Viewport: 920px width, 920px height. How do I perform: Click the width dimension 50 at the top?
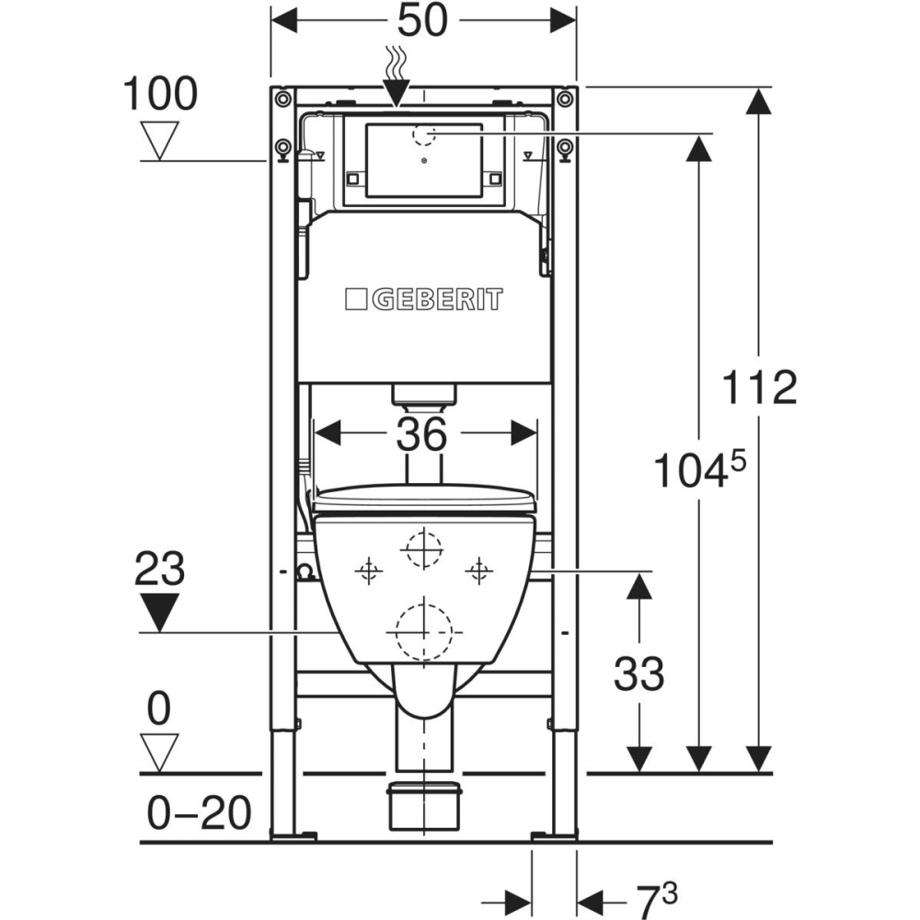pos(423,20)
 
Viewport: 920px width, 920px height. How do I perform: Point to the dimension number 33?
pos(638,674)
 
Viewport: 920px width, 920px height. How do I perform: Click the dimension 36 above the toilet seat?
pos(422,433)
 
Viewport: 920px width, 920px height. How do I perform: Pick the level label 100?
pos(161,94)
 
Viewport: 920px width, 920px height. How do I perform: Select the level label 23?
pos(160,570)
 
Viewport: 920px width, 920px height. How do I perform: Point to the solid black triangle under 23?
pos(160,612)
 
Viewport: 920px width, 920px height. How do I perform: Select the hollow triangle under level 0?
pos(160,751)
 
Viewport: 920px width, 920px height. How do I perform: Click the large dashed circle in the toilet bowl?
pos(423,631)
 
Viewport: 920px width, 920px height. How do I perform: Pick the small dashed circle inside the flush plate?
pos(424,134)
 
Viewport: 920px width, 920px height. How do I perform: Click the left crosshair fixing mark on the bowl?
pos(369,571)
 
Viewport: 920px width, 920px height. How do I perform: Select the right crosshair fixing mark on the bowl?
pos(477,571)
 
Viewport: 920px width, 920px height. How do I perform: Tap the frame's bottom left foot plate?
pos(294,835)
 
